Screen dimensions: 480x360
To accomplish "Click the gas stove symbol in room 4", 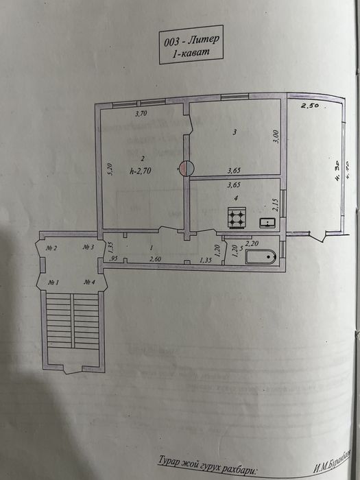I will tap(237, 219).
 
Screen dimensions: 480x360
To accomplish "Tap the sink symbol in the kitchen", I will tap(267, 222).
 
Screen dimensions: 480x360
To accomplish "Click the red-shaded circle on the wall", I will tap(187, 167).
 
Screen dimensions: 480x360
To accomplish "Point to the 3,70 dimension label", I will tap(142, 115).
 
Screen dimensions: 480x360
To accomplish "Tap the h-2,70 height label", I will tap(140, 173).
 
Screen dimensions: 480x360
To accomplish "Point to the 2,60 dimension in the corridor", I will tap(156, 259).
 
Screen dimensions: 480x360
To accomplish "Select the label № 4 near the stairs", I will tap(89, 282).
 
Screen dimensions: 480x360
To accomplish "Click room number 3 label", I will tap(235, 132).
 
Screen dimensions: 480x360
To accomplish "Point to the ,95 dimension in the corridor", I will tap(113, 259).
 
